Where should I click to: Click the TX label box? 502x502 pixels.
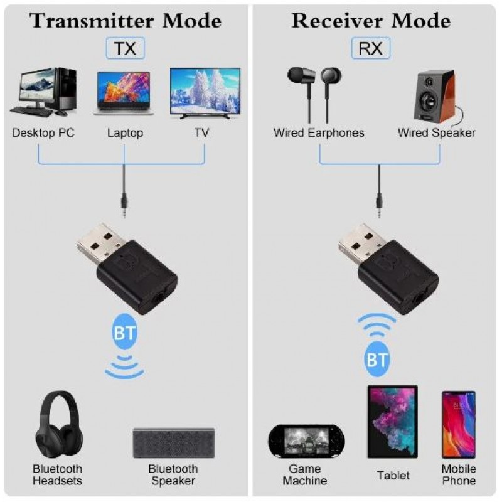[125, 48]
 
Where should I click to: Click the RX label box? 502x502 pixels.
[371, 48]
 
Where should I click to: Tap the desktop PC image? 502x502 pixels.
[43, 92]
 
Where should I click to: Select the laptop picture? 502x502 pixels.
[124, 93]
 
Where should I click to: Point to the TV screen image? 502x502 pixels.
[205, 93]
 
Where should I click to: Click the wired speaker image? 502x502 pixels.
[437, 97]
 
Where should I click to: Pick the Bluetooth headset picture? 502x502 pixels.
[59, 425]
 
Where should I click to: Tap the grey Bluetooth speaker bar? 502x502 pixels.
[174, 443]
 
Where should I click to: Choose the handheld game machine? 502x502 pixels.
[306, 442]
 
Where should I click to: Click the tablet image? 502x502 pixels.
[393, 422]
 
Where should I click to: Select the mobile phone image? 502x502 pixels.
[459, 425]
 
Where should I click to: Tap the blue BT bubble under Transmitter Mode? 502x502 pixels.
[124, 332]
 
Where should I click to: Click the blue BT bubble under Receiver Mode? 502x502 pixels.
[377, 359]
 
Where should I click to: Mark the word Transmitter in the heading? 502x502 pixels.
[92, 21]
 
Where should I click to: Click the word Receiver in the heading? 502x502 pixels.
[337, 21]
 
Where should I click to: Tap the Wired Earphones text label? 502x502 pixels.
[319, 132]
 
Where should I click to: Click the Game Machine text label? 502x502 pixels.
[305, 475]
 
